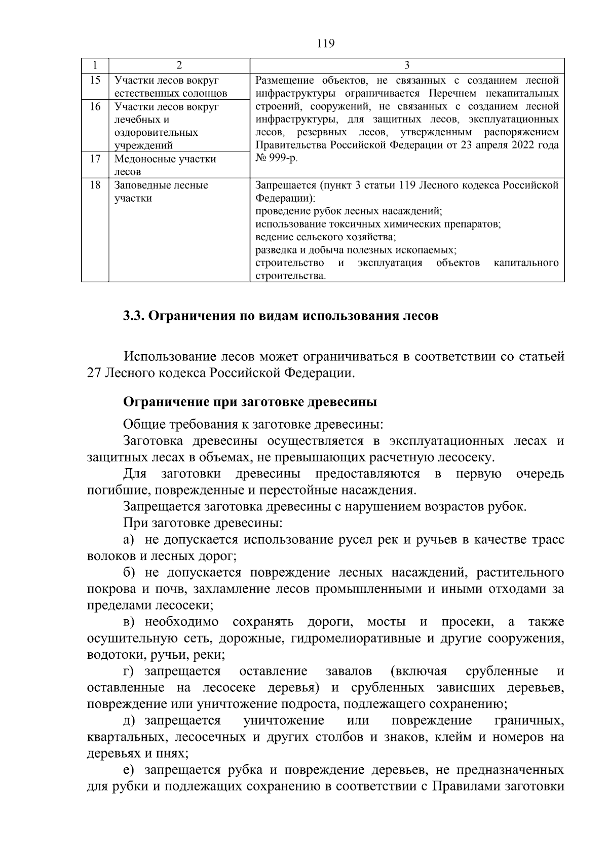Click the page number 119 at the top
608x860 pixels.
(x=325, y=44)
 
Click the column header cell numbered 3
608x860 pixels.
(x=407, y=65)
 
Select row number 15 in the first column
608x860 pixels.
(x=95, y=80)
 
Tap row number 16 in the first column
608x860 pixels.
(x=95, y=106)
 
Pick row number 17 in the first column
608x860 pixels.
(x=95, y=159)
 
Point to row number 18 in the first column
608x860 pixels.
(x=95, y=185)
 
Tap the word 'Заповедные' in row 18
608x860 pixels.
(x=143, y=185)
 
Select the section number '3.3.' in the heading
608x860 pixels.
(x=134, y=316)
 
